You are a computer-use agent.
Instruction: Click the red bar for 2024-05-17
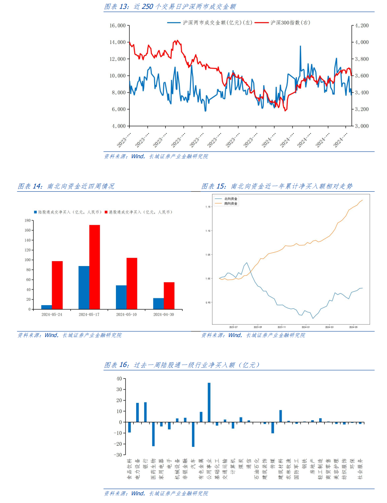[95, 267]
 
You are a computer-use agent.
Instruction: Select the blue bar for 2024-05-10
[121, 297]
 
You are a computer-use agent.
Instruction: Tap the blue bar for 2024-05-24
[46, 307]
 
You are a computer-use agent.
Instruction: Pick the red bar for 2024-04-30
[169, 296]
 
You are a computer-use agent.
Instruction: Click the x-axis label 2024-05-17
[89, 314]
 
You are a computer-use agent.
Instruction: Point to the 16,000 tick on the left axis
[118, 25]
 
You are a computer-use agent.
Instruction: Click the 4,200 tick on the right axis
[362, 25]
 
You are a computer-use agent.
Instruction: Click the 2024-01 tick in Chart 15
[305, 327]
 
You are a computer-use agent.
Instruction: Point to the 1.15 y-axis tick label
[208, 207]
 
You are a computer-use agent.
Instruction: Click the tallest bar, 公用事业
[209, 402]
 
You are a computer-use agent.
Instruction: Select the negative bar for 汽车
[193, 434]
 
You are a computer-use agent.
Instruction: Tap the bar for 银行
[145, 412]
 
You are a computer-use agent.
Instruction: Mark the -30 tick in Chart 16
[118, 455]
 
